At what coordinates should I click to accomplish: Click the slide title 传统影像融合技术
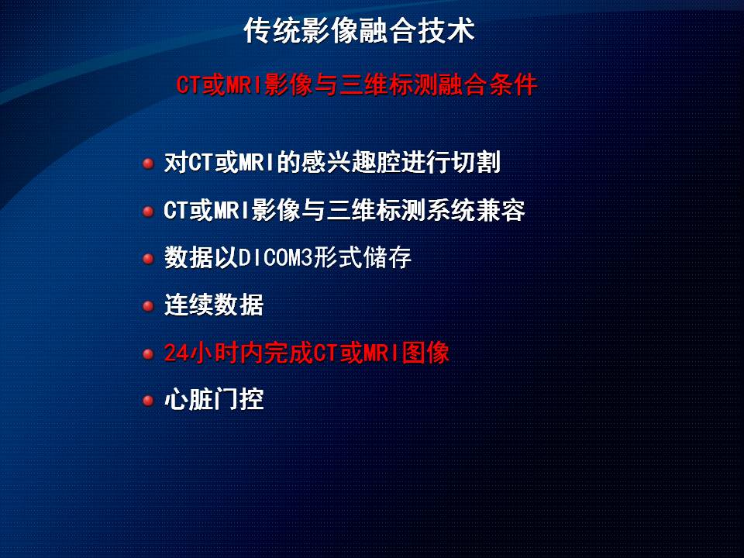[x=359, y=31]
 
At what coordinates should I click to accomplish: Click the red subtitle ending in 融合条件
[x=356, y=85]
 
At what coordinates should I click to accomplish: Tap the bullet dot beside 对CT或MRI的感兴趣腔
[x=148, y=164]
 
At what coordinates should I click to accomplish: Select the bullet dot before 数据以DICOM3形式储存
[x=148, y=259]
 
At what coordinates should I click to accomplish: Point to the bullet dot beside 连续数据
[x=148, y=306]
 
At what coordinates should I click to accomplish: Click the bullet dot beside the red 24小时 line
[x=148, y=354]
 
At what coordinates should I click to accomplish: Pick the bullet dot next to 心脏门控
[x=148, y=401]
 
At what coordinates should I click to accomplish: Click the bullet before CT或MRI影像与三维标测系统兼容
[x=148, y=211]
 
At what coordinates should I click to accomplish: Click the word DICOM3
[x=275, y=257]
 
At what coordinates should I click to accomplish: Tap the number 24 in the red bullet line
[x=176, y=353]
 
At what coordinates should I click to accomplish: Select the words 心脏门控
[x=214, y=400]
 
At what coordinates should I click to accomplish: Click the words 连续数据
[x=214, y=305]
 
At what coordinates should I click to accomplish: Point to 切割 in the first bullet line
[x=476, y=162]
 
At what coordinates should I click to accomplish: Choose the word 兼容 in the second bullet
[x=501, y=210]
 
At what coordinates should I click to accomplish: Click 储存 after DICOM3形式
[x=387, y=257]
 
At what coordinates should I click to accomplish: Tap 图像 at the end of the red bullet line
[x=425, y=353]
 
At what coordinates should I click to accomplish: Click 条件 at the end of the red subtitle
[x=513, y=85]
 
